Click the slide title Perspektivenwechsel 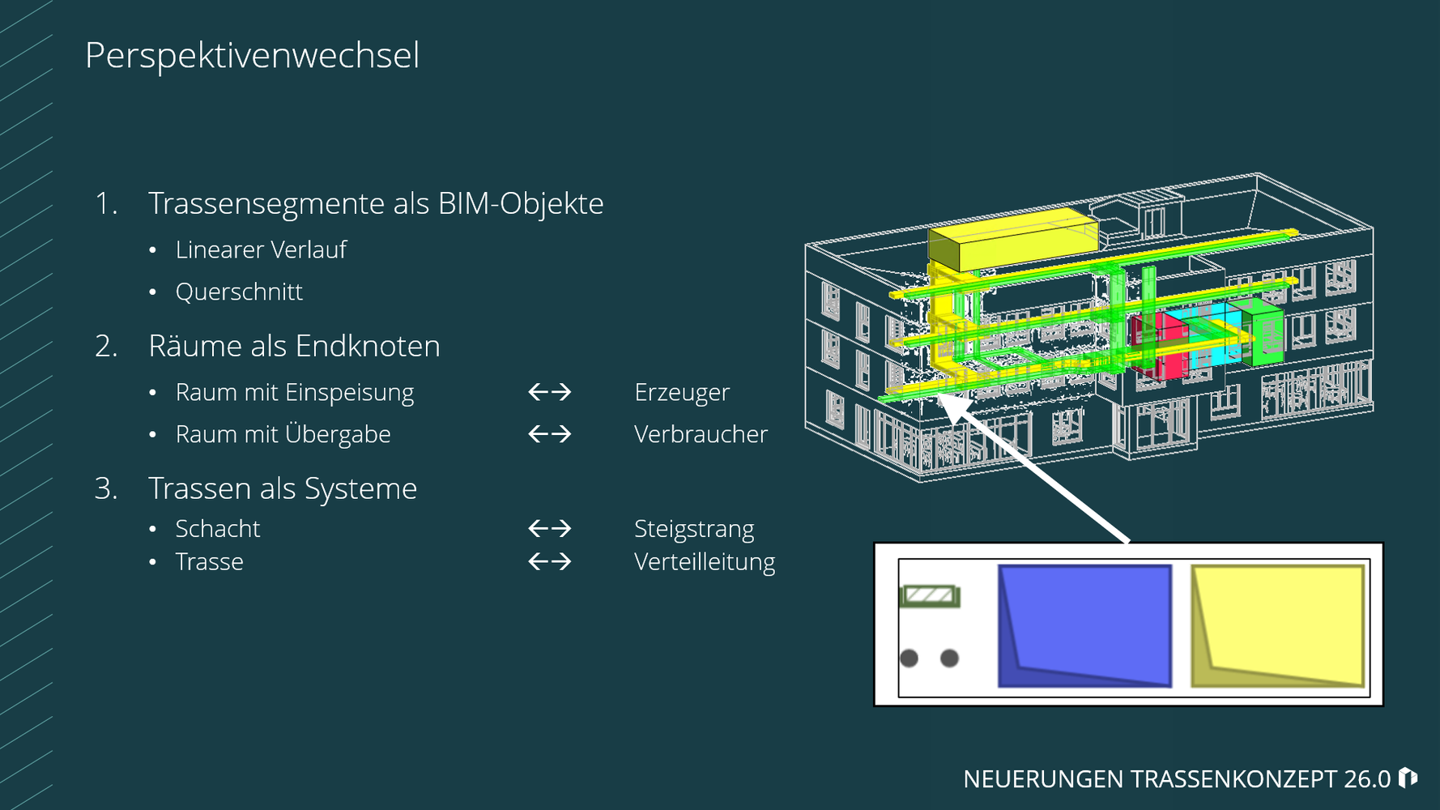pyautogui.click(x=252, y=56)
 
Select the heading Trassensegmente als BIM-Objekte pyautogui.click(x=376, y=203)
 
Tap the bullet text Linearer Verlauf pyautogui.click(x=261, y=249)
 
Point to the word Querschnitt pyautogui.click(x=239, y=292)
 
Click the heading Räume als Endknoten pyautogui.click(x=294, y=346)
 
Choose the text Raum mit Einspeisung pyautogui.click(x=295, y=392)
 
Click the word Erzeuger pyautogui.click(x=682, y=392)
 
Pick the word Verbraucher pyautogui.click(x=701, y=434)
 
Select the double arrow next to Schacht pyautogui.click(x=550, y=529)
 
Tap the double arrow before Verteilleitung pyautogui.click(x=550, y=561)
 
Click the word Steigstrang pyautogui.click(x=694, y=529)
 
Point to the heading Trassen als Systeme pyautogui.click(x=283, y=488)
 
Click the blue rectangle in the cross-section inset pyautogui.click(x=1085, y=625)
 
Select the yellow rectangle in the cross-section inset pyautogui.click(x=1278, y=625)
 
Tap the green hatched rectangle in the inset pyautogui.click(x=930, y=597)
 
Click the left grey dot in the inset pyautogui.click(x=910, y=658)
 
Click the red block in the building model pyautogui.click(x=1160, y=347)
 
